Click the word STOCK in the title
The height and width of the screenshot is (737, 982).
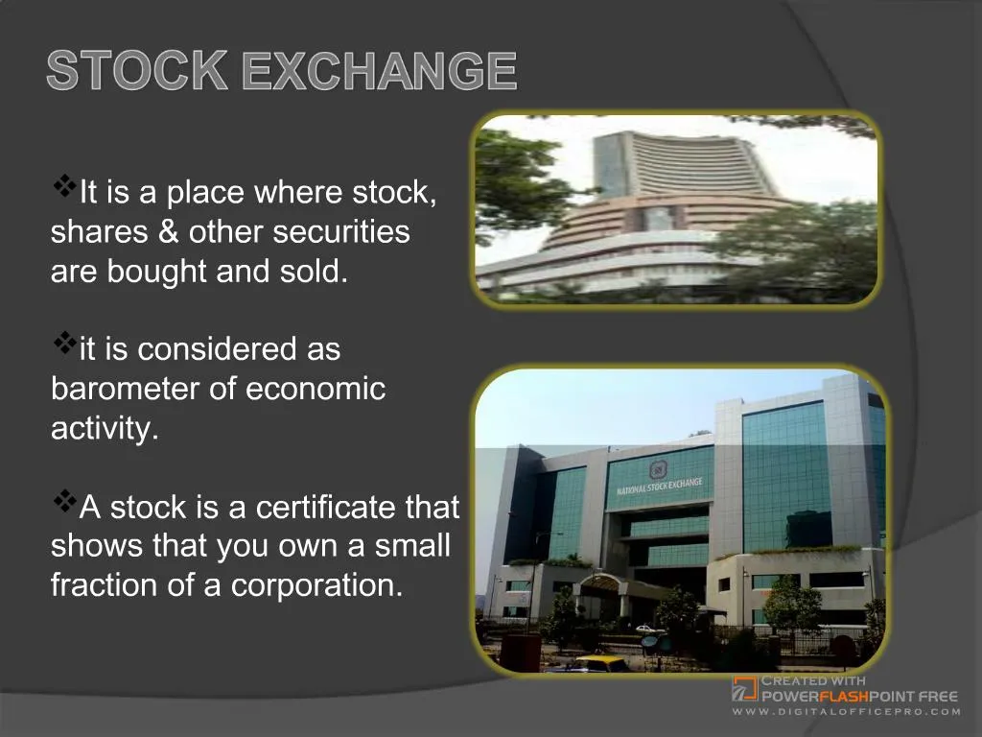(136, 72)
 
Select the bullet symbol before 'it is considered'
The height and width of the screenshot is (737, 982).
(65, 341)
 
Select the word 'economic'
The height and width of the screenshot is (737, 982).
(316, 389)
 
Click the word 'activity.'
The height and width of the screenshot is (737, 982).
(105, 428)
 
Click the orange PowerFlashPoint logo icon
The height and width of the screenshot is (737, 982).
(744, 688)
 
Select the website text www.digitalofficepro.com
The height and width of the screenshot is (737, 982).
(847, 711)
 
